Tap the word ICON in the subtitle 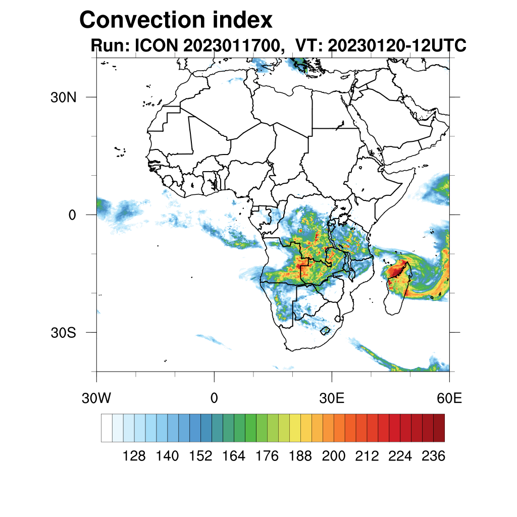tap(156, 46)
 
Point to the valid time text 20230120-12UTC tap(397, 46)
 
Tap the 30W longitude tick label tap(96, 398)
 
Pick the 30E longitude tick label tap(332, 398)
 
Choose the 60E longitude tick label tap(449, 398)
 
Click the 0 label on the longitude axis tap(214, 398)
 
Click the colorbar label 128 tap(134, 456)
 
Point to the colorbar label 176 tap(267, 456)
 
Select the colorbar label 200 tap(334, 456)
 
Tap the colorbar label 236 tap(433, 456)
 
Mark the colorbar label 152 tap(200, 456)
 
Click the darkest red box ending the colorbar tap(439, 428)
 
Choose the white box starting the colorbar tap(107, 428)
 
